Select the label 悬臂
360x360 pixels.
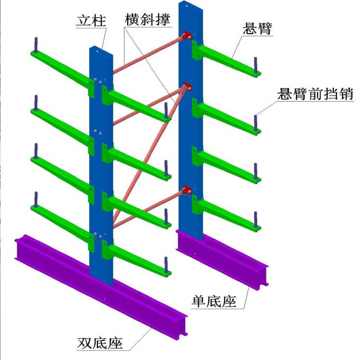click(257, 29)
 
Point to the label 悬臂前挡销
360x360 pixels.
click(315, 94)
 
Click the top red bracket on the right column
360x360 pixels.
click(186, 36)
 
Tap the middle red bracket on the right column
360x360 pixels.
click(186, 87)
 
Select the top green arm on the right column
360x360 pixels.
click(226, 58)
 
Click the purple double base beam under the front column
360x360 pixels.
click(96, 288)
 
